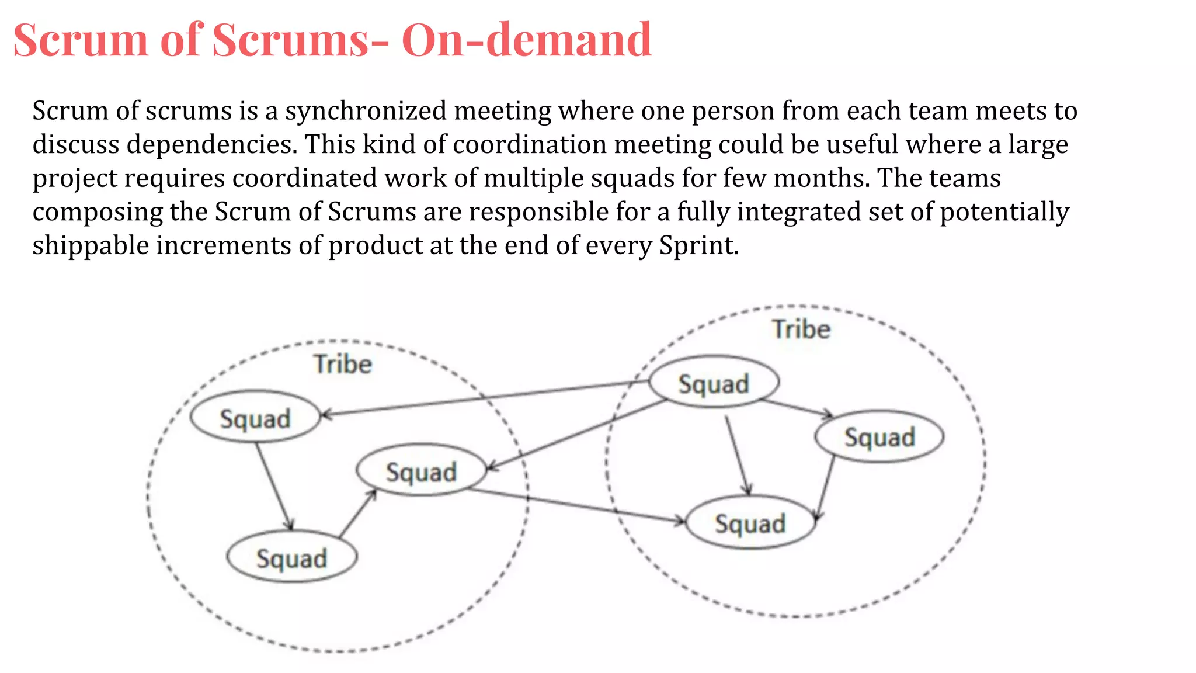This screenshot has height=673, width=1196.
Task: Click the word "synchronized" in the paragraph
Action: pyautogui.click(x=366, y=111)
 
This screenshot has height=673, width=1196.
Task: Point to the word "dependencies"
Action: pyautogui.click(x=211, y=144)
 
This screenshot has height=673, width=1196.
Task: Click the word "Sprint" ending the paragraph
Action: pyautogui.click(x=697, y=245)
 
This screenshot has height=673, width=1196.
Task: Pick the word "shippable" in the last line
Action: pyautogui.click(x=91, y=245)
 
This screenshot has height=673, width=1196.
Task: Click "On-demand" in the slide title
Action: pyautogui.click(x=526, y=40)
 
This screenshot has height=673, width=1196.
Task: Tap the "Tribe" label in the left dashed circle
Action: pyautogui.click(x=343, y=364)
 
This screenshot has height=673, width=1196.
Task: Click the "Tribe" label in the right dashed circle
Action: pyautogui.click(x=801, y=329)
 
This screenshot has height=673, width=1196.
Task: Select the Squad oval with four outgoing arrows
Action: pyautogui.click(x=714, y=383)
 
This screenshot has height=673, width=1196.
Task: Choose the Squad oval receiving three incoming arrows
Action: pyautogui.click(x=750, y=523)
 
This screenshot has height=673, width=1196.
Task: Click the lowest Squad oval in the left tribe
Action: pyautogui.click(x=291, y=558)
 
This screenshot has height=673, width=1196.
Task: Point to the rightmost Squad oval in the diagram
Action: pyautogui.click(x=879, y=437)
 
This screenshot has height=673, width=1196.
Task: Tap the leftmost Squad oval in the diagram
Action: pyautogui.click(x=255, y=418)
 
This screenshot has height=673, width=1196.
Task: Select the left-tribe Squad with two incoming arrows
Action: pyautogui.click(x=421, y=471)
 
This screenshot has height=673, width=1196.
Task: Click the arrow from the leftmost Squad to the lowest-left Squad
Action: pyautogui.click(x=273, y=485)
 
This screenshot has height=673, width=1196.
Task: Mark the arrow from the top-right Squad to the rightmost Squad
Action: pyautogui.click(x=797, y=408)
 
